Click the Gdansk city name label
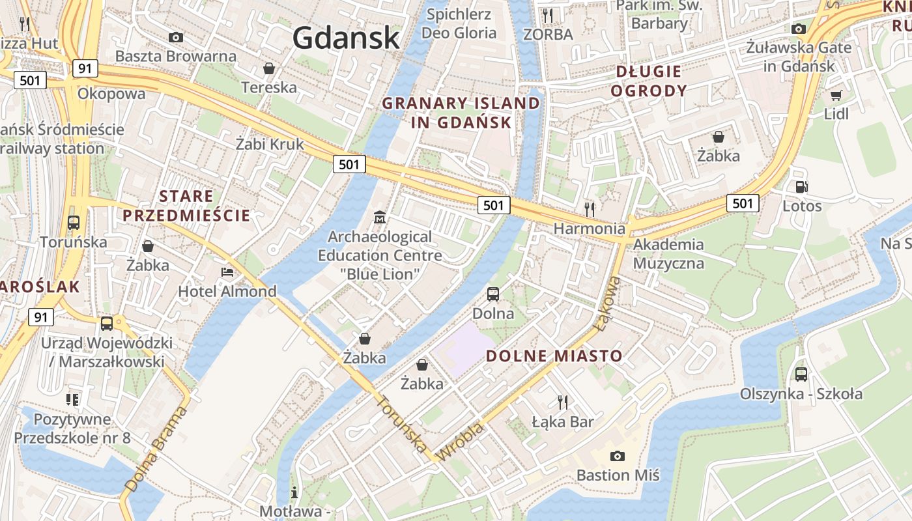coord(345,37)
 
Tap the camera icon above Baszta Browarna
coord(175,37)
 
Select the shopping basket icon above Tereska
coord(268,68)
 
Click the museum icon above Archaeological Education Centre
coord(379,216)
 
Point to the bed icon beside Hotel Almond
coord(227,272)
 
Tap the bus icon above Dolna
coord(493,294)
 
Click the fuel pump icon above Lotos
coord(801,187)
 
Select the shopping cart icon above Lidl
coord(836,95)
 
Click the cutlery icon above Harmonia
coord(590,209)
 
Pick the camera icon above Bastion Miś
coord(617,456)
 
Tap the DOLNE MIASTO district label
coord(554,356)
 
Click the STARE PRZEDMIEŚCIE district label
coord(186,206)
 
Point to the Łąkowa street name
coord(608,303)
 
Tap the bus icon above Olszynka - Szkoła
coord(801,374)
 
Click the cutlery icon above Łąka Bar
coord(563,402)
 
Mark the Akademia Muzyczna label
coord(668,254)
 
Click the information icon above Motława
coord(294,492)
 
